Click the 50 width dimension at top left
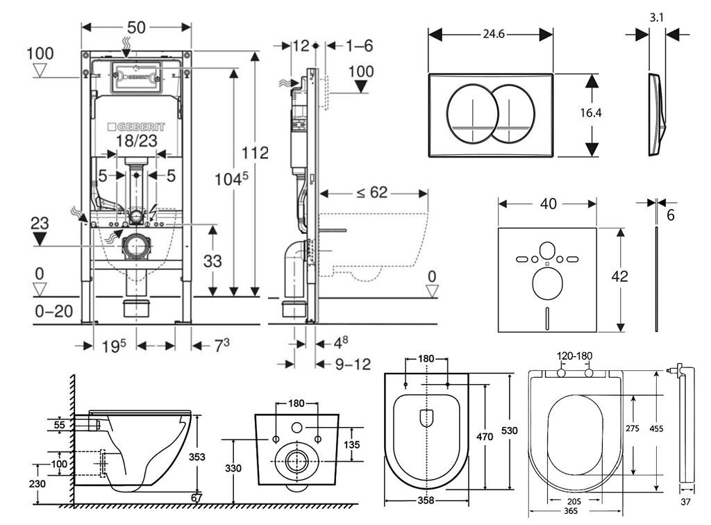[x=135, y=28]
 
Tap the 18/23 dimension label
[x=136, y=141]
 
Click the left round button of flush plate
[x=470, y=112]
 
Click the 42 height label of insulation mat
[x=620, y=276]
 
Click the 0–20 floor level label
[x=53, y=311]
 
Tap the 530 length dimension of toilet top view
[x=510, y=431]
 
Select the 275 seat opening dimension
[x=632, y=428]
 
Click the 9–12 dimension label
[x=353, y=364]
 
